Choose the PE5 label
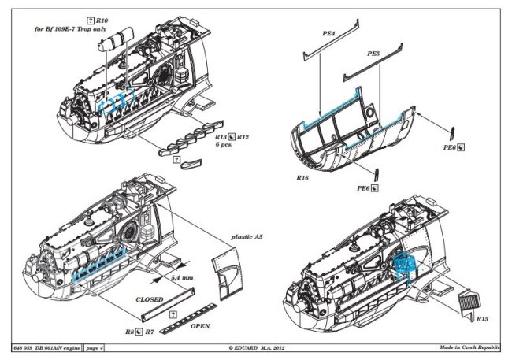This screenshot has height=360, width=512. [373, 53]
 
